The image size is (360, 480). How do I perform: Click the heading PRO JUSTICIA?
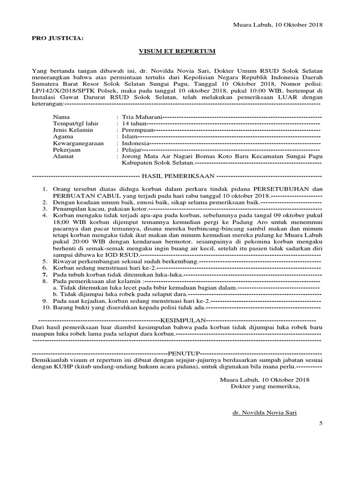pyautogui.click(x=57, y=38)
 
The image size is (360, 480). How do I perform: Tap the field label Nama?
pyautogui.click(x=61, y=116)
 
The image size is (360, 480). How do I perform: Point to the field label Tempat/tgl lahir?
pyautogui.click(x=75, y=123)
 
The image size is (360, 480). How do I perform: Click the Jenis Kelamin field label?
pyautogui.click(x=73, y=130)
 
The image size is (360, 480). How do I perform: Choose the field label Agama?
pyautogui.click(x=63, y=136)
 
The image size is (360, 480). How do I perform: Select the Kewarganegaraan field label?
pyautogui.click(x=78, y=143)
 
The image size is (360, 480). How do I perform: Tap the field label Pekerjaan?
pyautogui.click(x=67, y=150)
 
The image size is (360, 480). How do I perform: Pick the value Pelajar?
pyautogui.click(x=132, y=150)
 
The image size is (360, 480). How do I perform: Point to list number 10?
pyautogui.click(x=46, y=307)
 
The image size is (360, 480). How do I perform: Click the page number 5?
pyautogui.click(x=321, y=423)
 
